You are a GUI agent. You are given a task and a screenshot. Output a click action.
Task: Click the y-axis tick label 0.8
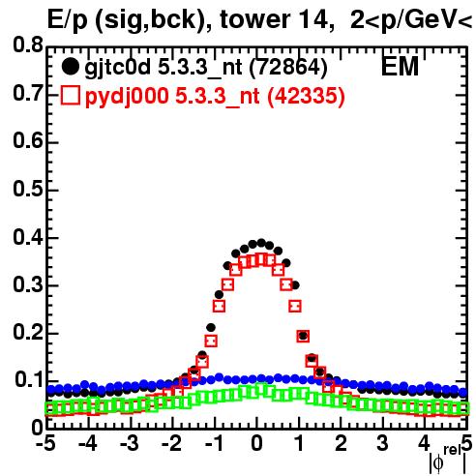[x=28, y=45]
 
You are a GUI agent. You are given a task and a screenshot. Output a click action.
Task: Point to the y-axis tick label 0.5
[x=28, y=189]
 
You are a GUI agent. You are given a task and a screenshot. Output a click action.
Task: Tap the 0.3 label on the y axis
[x=28, y=284]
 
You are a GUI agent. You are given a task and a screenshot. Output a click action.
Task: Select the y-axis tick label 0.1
[x=29, y=380]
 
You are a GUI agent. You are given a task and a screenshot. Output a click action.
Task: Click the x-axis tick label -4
[x=87, y=444]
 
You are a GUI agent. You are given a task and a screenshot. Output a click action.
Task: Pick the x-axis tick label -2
[x=172, y=444]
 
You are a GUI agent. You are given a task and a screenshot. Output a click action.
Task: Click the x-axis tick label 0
[x=256, y=444]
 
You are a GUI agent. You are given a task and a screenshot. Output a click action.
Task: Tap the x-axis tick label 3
[x=383, y=444]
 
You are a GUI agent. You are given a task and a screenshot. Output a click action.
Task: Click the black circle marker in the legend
[x=70, y=67]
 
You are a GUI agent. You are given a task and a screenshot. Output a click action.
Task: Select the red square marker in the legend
[x=71, y=96]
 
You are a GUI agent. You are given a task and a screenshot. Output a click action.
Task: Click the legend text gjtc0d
[x=117, y=68]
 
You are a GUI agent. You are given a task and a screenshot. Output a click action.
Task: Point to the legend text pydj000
[x=127, y=97]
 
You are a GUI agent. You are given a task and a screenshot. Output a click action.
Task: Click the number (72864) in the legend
[x=288, y=68]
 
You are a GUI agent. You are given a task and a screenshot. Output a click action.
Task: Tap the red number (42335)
[x=307, y=97]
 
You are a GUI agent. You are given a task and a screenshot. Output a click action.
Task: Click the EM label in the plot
[x=400, y=67]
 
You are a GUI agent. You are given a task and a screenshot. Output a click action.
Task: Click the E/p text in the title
[x=67, y=20]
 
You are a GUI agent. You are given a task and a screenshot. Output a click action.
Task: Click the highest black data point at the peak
[x=261, y=243]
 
